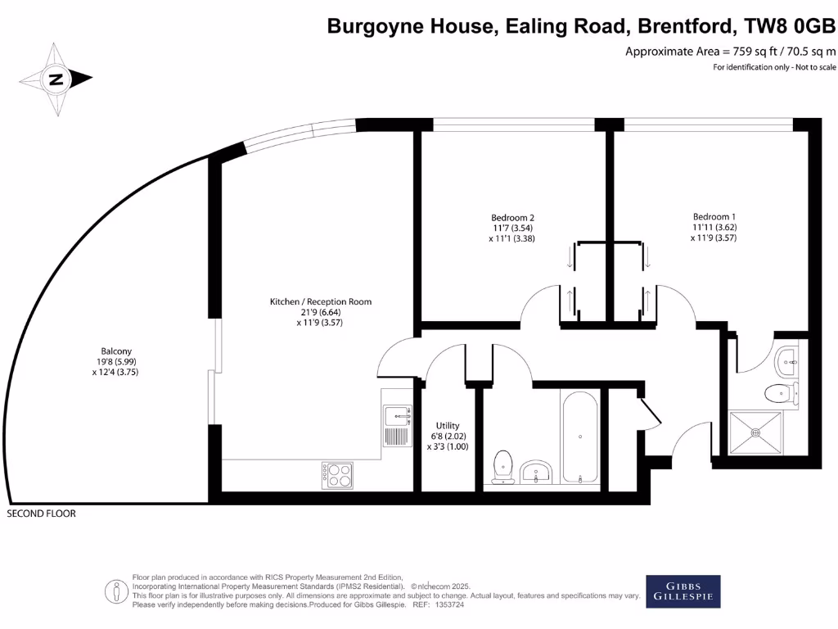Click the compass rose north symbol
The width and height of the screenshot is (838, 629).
56,79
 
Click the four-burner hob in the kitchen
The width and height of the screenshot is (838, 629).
338,473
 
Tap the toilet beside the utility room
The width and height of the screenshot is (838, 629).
502,467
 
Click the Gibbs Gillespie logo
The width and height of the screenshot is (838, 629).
683,591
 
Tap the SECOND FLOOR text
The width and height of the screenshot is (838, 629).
41,514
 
